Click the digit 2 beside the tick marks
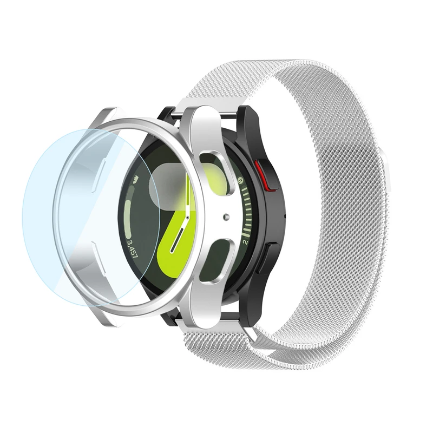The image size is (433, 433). (246, 242)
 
